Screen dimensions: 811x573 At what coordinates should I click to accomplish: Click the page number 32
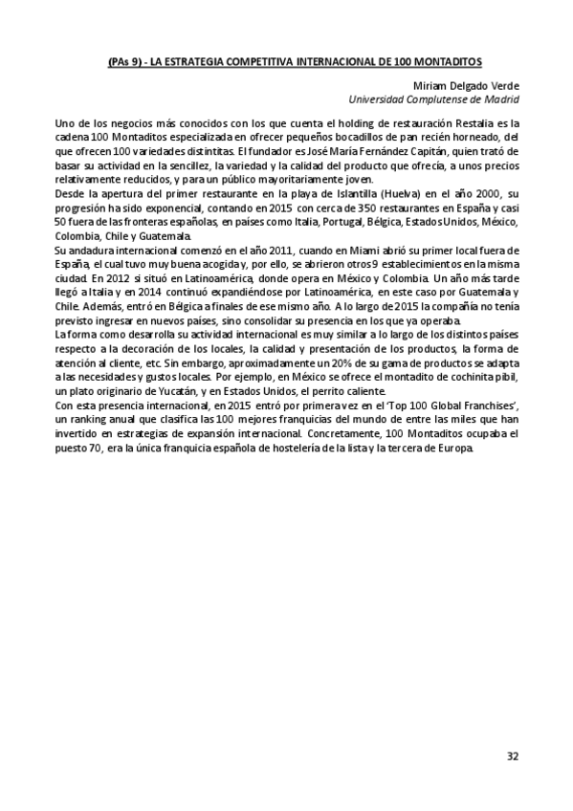click(513, 756)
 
